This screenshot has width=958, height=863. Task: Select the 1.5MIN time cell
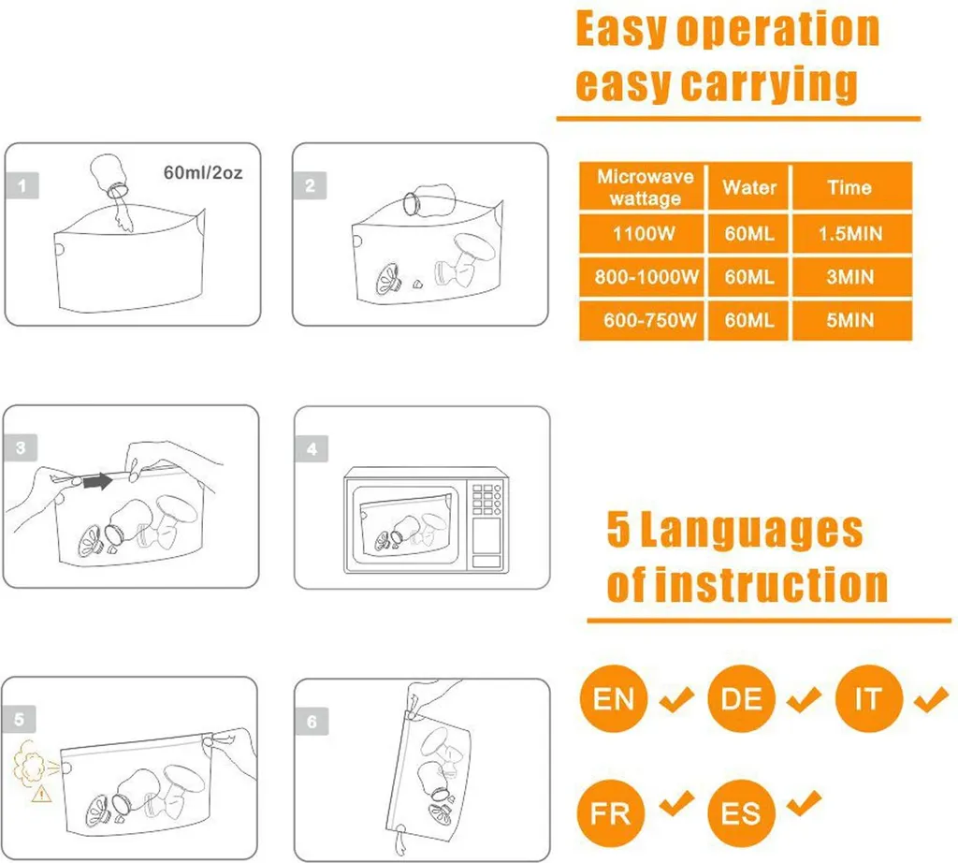coord(851,233)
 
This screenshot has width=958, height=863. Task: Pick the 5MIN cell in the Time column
coord(851,320)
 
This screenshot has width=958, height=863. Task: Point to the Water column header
coord(749,186)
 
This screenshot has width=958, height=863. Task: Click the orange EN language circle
coord(614,698)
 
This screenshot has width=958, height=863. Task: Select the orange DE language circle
coord(741,698)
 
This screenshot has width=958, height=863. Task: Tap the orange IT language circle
coord(868,698)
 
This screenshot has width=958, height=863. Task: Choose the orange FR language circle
coord(611,812)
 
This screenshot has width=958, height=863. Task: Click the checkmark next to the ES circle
coord(804,803)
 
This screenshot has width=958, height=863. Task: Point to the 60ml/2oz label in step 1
coord(203,173)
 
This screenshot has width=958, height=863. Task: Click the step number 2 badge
coord(310,186)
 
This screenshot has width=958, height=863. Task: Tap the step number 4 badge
coord(312,449)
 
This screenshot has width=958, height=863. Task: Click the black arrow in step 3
coord(97,481)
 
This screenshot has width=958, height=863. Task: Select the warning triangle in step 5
coord(41,794)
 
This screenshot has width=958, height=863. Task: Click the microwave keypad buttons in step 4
coord(486,499)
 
